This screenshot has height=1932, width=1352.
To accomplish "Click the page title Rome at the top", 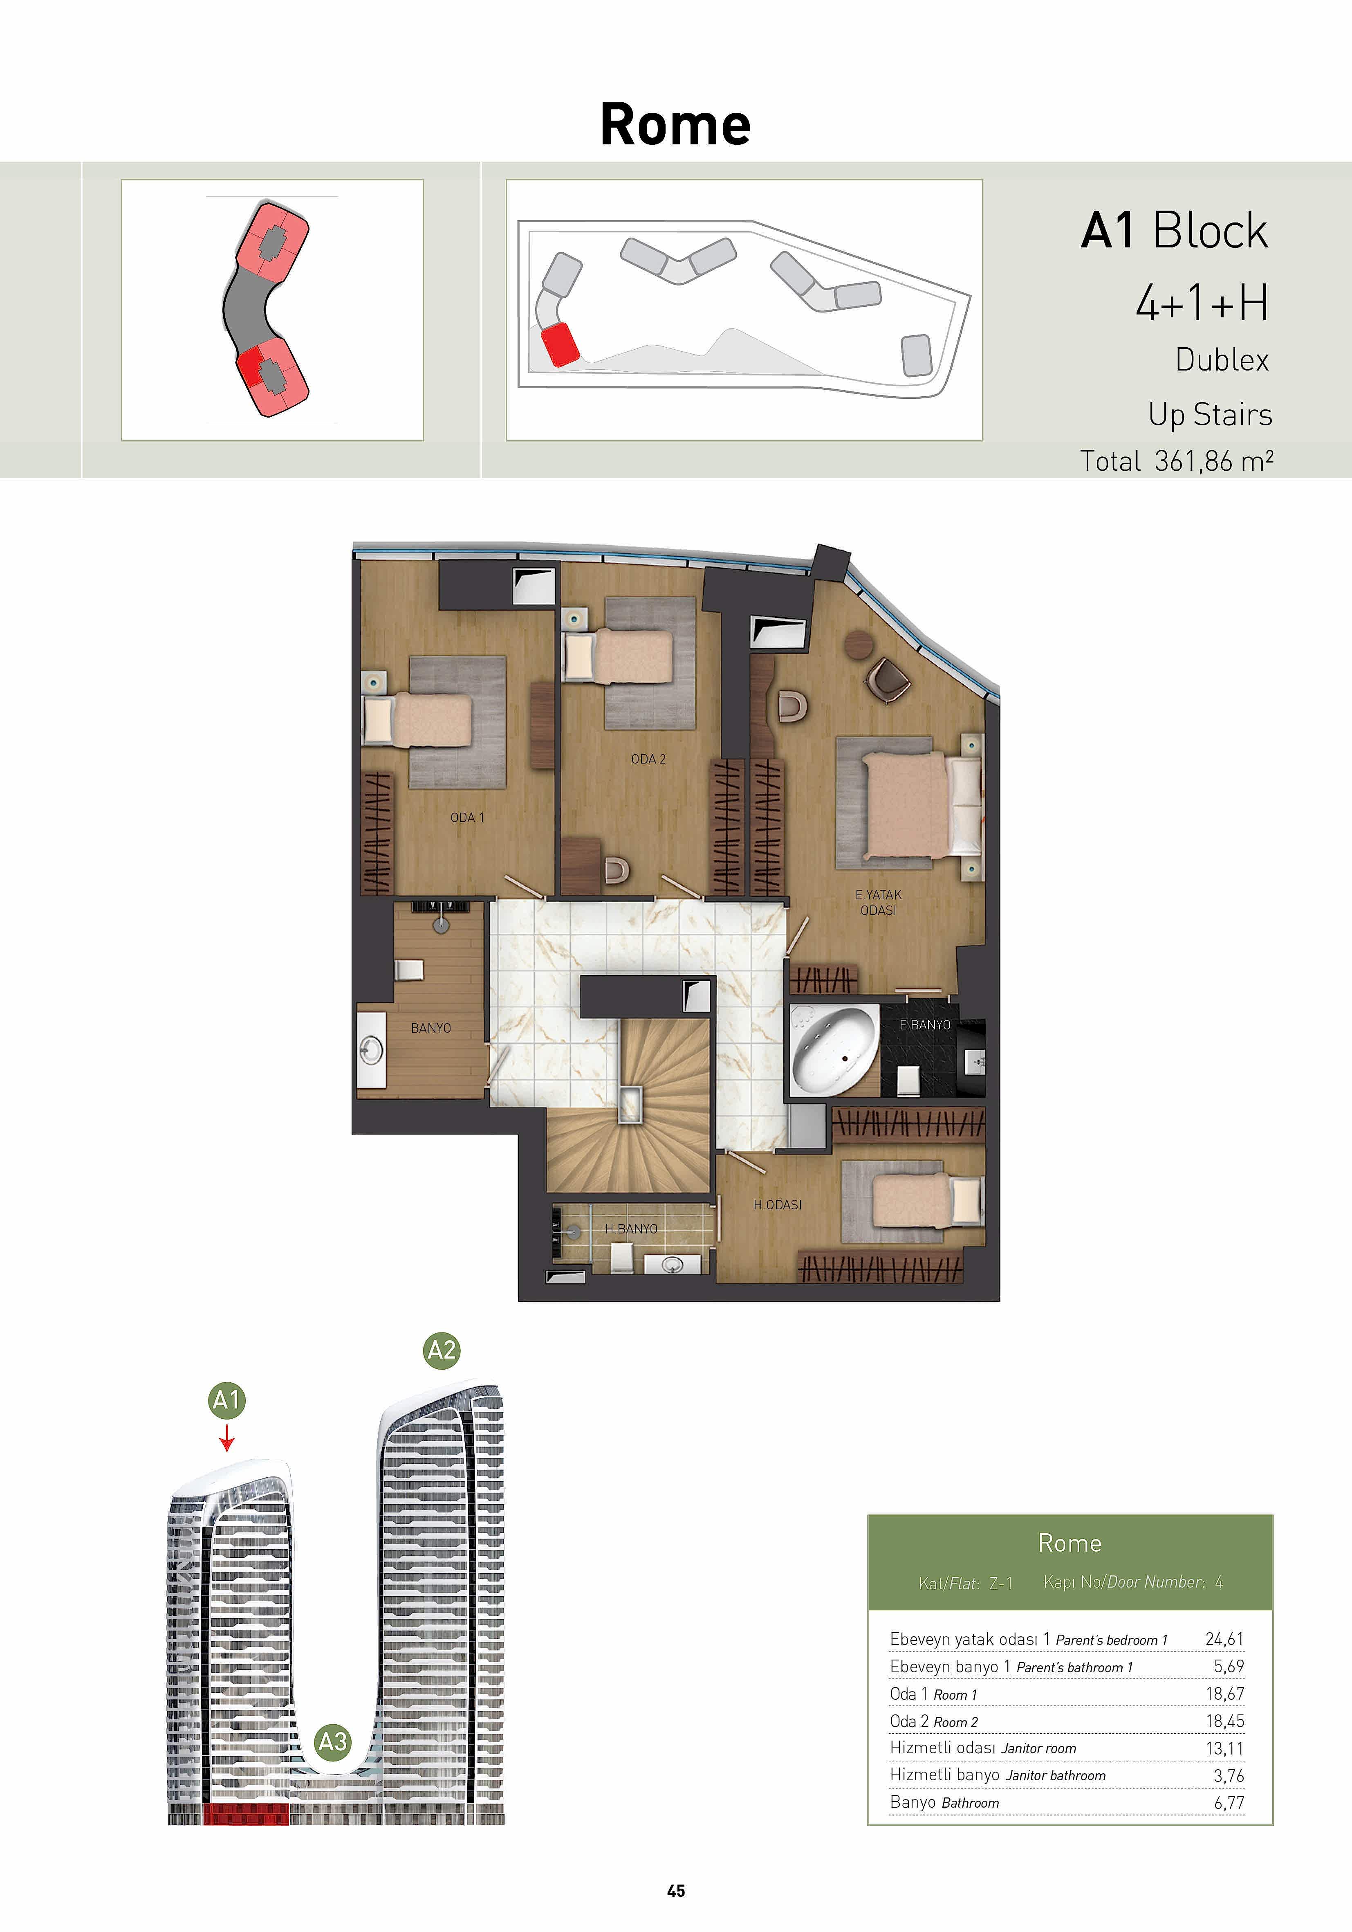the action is click(675, 125).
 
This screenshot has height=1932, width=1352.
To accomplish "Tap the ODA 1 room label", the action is click(467, 817).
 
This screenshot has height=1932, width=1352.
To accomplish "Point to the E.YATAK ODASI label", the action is click(878, 902).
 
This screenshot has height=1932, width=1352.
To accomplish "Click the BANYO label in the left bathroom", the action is click(431, 1028).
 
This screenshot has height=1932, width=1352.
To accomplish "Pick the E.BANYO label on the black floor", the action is click(925, 1025).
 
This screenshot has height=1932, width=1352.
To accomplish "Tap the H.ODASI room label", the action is click(777, 1205).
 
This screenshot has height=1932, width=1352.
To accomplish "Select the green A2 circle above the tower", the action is click(442, 1350).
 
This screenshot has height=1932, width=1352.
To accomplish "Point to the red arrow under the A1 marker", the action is click(226, 1437).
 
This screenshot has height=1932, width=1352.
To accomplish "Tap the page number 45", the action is click(675, 1891).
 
